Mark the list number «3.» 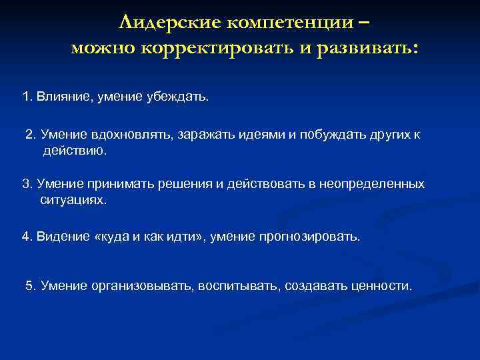coord(27,183)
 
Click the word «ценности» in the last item coord(385,285)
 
